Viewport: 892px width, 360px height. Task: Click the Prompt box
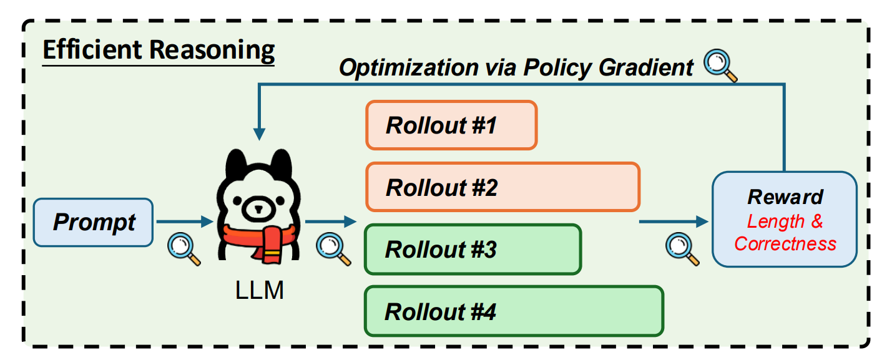tap(93, 222)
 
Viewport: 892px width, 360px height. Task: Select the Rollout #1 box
tap(451, 125)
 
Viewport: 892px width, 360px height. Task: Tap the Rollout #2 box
tap(502, 187)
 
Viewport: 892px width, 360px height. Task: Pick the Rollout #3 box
tap(473, 249)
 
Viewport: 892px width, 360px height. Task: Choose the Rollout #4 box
tap(513, 311)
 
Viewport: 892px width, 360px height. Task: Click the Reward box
tap(785, 219)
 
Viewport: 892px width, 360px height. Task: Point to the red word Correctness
tap(785, 243)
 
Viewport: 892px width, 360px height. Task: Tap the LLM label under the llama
tap(259, 290)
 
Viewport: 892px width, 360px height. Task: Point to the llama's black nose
tap(255, 208)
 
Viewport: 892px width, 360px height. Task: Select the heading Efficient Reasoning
tap(158, 51)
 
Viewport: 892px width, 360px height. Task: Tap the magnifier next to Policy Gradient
tap(720, 65)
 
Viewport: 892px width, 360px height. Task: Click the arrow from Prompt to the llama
tap(184, 221)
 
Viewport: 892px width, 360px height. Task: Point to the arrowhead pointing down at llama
tap(259, 134)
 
